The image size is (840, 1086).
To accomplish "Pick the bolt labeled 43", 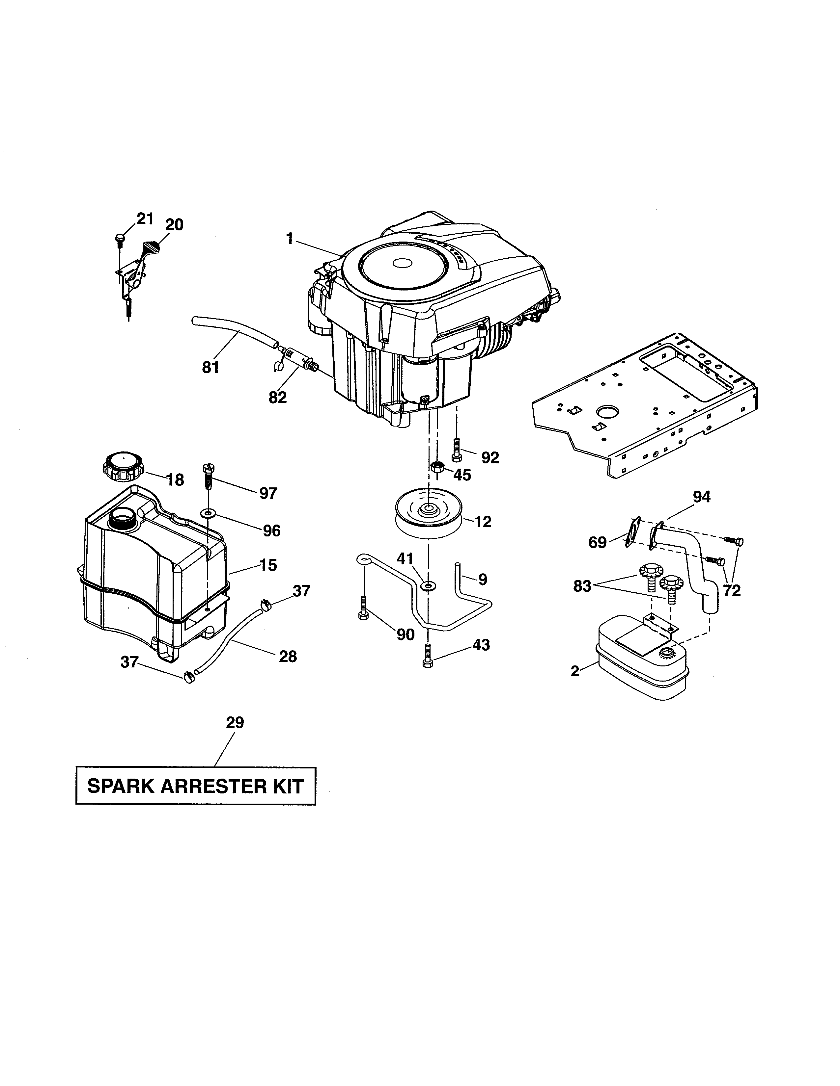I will (x=427, y=655).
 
